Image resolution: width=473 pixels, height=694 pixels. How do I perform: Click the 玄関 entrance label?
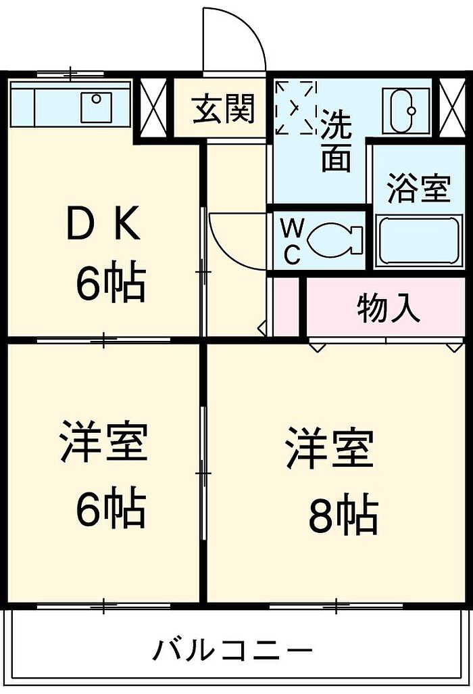pyautogui.click(x=224, y=108)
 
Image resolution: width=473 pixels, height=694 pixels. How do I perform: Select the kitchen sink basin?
pyautogui.click(x=97, y=107)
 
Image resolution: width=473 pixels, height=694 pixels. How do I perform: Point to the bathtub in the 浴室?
pyautogui.click(x=418, y=241)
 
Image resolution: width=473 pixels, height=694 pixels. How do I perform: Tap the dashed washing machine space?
pyautogui.click(x=296, y=108)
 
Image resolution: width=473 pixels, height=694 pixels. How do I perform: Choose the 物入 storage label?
pyautogui.click(x=388, y=307)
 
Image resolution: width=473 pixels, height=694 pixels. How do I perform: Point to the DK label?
pyautogui.click(x=103, y=226)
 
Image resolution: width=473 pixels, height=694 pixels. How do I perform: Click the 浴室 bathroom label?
pyautogui.click(x=419, y=189)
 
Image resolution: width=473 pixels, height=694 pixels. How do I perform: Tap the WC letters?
pyautogui.click(x=292, y=241)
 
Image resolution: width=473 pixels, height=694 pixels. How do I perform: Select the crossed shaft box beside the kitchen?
pyautogui.click(x=153, y=108)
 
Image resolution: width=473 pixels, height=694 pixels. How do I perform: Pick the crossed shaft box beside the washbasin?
pyautogui.click(x=452, y=108)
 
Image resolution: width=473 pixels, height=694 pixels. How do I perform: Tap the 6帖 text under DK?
pyautogui.click(x=111, y=284)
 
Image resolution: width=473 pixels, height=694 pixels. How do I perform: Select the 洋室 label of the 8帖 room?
pyautogui.click(x=329, y=449)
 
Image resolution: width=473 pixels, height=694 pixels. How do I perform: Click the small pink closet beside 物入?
pyautogui.click(x=286, y=306)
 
